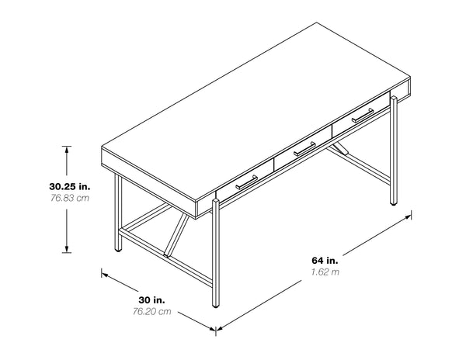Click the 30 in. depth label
pos(151,299)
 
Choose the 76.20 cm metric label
pos(151,312)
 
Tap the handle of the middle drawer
pos(304,147)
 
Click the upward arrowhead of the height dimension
pos(67,147)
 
